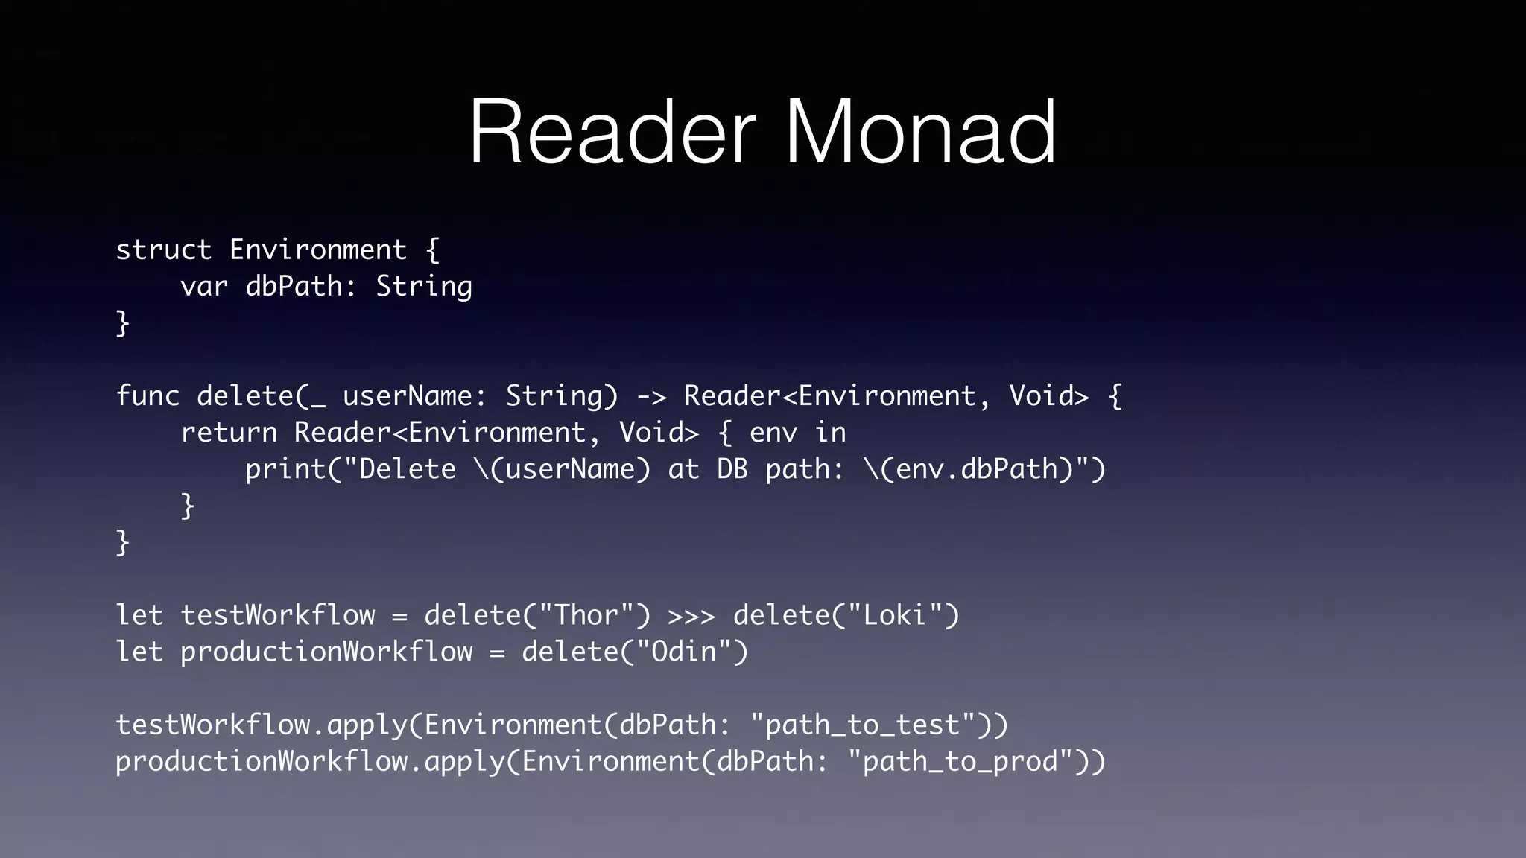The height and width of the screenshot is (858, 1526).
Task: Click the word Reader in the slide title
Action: point(612,133)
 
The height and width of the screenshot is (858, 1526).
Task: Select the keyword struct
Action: point(163,250)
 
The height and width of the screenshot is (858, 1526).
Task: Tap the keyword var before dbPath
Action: point(203,287)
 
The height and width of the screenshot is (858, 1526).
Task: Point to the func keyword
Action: point(148,396)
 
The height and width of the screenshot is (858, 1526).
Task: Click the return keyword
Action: point(229,433)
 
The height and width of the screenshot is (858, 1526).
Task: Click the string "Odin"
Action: point(683,652)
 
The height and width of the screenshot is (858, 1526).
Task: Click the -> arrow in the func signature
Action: point(651,396)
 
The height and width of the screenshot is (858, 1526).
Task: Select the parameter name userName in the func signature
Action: point(407,396)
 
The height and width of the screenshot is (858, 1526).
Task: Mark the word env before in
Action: point(773,433)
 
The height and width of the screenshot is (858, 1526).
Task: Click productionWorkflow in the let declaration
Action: point(326,652)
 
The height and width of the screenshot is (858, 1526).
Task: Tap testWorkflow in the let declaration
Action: point(278,616)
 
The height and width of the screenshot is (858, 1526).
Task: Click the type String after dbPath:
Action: point(423,287)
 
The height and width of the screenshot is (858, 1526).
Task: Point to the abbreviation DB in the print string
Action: point(732,469)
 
